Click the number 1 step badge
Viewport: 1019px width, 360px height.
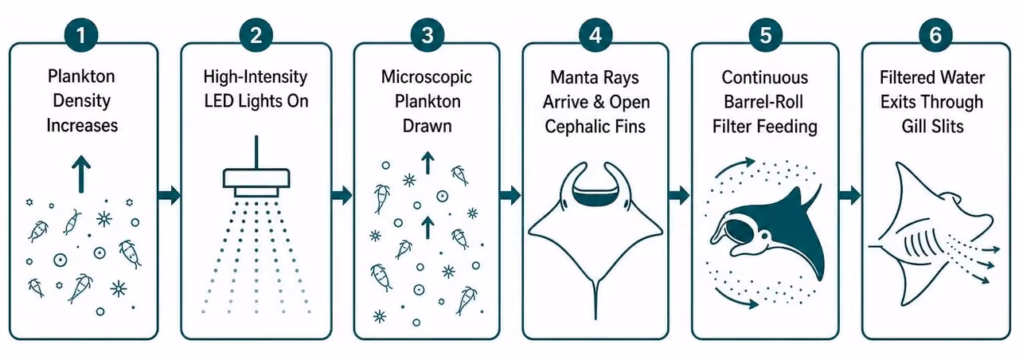pyautogui.click(x=81, y=35)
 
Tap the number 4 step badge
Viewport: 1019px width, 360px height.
pyautogui.click(x=595, y=35)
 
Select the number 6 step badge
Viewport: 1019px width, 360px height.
pyautogui.click(x=935, y=35)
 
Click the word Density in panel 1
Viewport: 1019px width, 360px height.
pyautogui.click(x=82, y=100)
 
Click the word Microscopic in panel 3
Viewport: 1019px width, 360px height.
pyautogui.click(x=427, y=77)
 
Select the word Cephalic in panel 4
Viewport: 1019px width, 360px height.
pyautogui.click(x=572, y=126)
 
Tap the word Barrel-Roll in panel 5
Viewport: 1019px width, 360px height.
pyautogui.click(x=763, y=101)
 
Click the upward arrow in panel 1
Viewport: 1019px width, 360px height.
pyautogui.click(x=81, y=174)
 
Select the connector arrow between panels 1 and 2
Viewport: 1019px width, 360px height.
pyautogui.click(x=169, y=196)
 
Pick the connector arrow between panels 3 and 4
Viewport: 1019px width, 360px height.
pyautogui.click(x=510, y=196)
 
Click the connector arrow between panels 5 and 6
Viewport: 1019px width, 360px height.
pyautogui.click(x=849, y=196)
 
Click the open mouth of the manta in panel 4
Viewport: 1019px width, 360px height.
pyautogui.click(x=595, y=196)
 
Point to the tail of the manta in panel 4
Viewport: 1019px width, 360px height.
pyautogui.click(x=595, y=301)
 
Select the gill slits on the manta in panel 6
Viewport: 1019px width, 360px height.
pyautogui.click(x=919, y=248)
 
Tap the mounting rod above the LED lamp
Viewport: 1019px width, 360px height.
pyautogui.click(x=256, y=152)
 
